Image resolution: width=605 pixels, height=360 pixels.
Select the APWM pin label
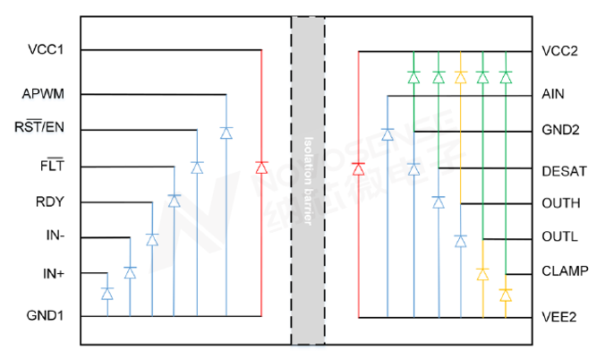pyautogui.click(x=43, y=93)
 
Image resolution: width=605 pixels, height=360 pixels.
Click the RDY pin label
pyautogui.click(x=49, y=201)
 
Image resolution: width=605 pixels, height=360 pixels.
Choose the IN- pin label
pyautogui.click(x=55, y=236)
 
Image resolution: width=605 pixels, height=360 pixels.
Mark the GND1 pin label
pyautogui.click(x=45, y=315)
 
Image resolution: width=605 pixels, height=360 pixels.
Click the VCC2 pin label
pyautogui.click(x=559, y=51)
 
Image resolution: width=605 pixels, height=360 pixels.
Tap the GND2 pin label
pyautogui.click(x=560, y=130)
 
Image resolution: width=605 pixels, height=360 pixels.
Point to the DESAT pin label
pyautogui.click(x=564, y=170)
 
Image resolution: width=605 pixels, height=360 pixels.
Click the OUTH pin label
pyautogui.click(x=561, y=203)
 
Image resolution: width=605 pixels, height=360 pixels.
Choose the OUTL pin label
pyautogui.click(x=559, y=237)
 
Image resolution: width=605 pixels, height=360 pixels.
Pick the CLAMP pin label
pyautogui.click(x=565, y=270)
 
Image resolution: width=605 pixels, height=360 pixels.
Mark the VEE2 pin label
pyautogui.click(x=559, y=316)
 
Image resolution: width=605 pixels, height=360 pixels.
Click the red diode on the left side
pyautogui.click(x=261, y=167)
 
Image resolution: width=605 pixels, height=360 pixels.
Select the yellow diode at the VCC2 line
pyautogui.click(x=461, y=77)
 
